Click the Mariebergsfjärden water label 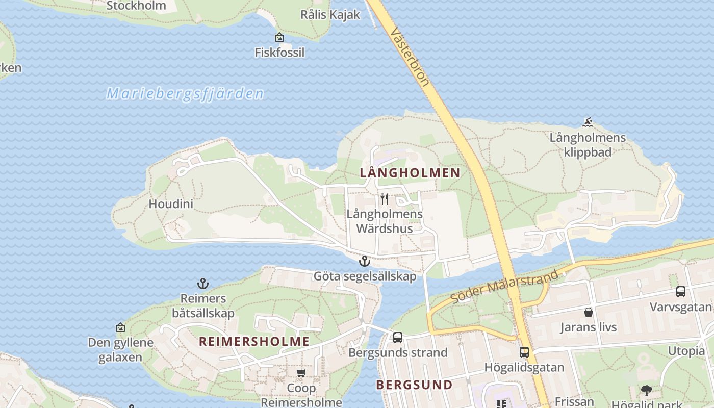(185, 94)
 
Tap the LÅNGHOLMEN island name (410, 173)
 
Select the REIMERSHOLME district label (254, 341)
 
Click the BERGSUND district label (414, 385)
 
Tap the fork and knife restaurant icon (385, 199)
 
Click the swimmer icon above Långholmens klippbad (588, 122)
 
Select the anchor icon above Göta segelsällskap (364, 262)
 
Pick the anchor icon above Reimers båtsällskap (203, 284)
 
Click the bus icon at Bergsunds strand (397, 337)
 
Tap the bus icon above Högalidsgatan (524, 352)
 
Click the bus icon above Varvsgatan (680, 292)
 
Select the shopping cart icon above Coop (301, 373)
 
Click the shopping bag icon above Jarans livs (588, 312)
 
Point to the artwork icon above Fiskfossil (279, 37)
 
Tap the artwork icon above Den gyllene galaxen (120, 327)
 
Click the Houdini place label (171, 204)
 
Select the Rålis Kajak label (330, 14)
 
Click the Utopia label (686, 351)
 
